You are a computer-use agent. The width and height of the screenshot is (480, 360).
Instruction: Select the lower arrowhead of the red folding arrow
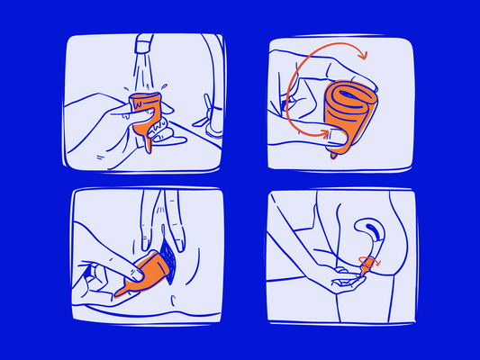pos(323,134)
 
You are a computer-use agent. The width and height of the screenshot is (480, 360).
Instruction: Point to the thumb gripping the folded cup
pos(337,135)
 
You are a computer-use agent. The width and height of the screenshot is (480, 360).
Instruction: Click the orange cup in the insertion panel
pos(153,269)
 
